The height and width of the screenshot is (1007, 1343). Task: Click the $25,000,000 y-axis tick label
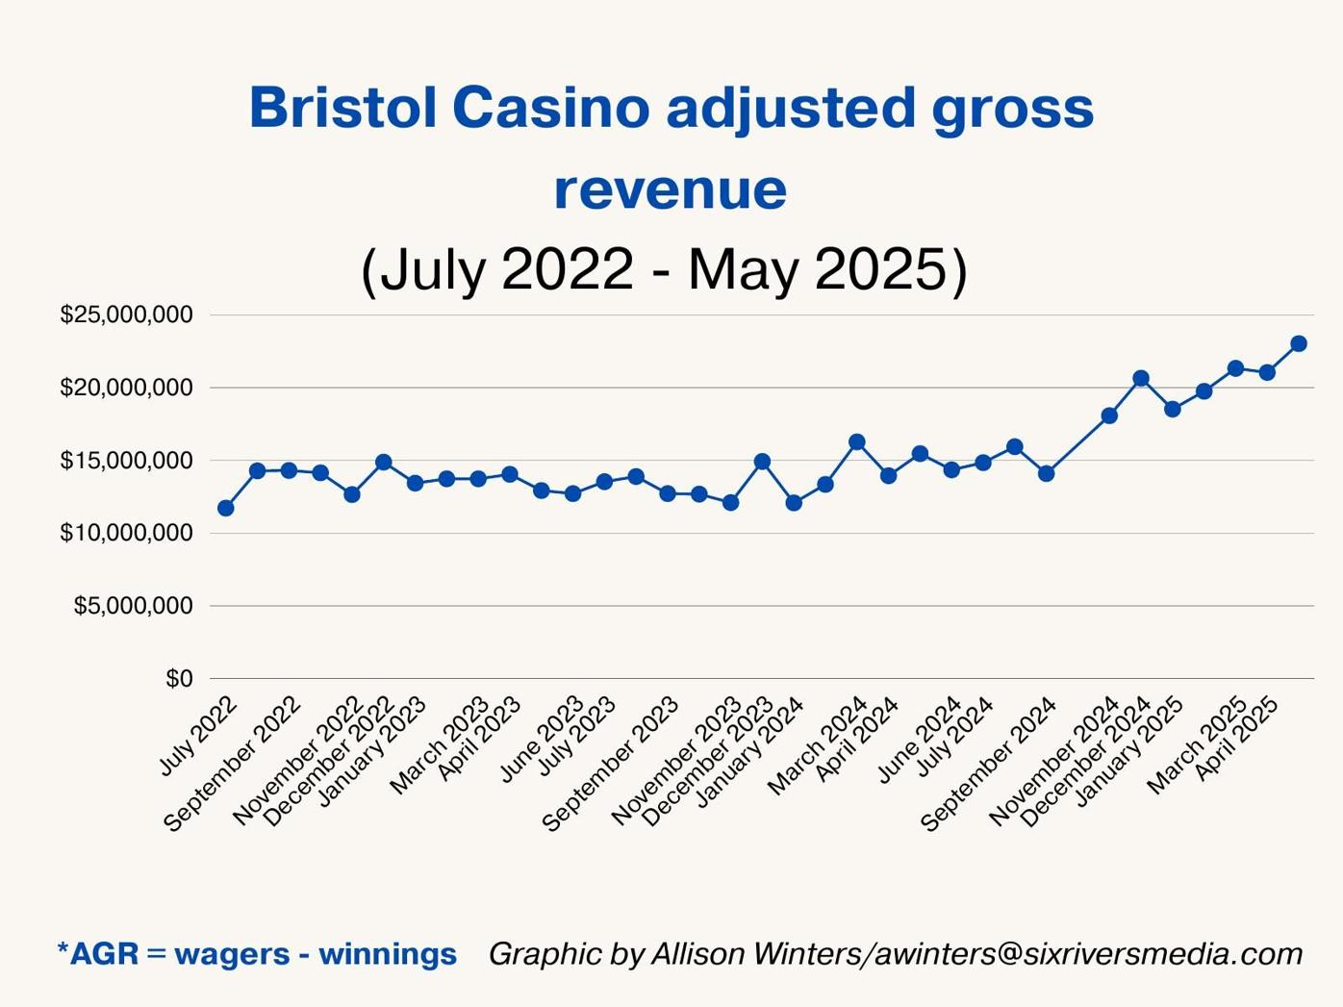point(126,315)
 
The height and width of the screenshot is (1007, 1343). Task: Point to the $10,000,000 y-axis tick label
point(126,533)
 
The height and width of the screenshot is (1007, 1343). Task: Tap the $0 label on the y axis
point(179,679)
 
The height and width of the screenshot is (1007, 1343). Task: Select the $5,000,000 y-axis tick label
point(133,606)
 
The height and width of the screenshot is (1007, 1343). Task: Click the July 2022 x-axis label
point(198,736)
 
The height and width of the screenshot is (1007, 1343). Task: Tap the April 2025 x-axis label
point(1237,738)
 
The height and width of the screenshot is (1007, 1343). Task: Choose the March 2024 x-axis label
point(818,745)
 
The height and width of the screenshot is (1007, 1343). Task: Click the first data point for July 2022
point(225,508)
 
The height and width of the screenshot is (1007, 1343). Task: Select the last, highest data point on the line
point(1299,343)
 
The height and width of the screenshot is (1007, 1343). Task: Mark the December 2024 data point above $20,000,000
point(1141,378)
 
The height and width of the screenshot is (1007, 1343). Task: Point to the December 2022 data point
point(383,462)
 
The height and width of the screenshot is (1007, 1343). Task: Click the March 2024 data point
point(857,442)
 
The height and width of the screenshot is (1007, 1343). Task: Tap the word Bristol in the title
point(342,107)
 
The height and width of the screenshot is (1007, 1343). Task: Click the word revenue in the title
point(671,189)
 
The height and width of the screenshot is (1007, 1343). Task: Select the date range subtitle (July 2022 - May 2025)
point(664,268)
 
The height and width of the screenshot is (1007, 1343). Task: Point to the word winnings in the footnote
point(388,954)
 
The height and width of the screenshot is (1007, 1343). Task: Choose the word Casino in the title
point(551,107)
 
